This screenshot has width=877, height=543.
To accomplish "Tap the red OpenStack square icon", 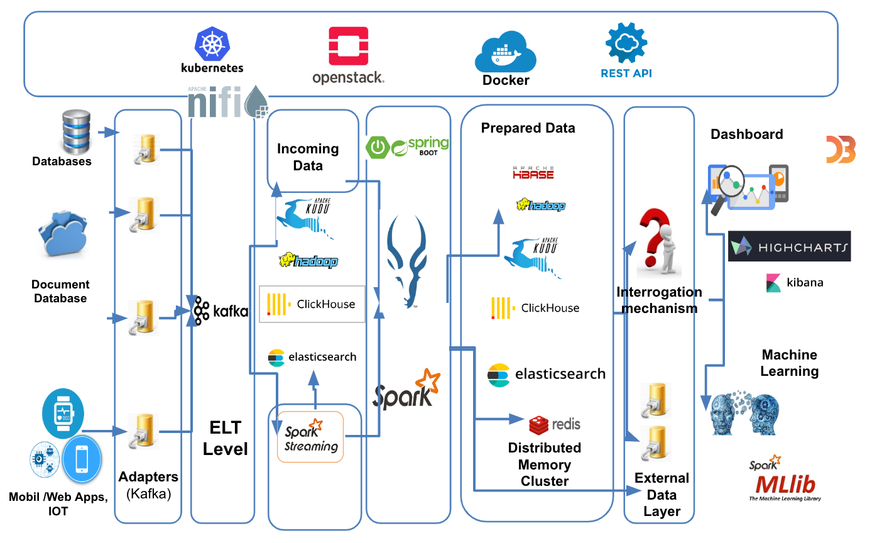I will pyautogui.click(x=349, y=46).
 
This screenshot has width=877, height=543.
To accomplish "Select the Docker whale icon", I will pyautogui.click(x=504, y=55).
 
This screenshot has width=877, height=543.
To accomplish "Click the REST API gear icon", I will pyautogui.click(x=626, y=42).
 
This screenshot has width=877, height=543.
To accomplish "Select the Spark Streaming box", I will pyautogui.click(x=310, y=437).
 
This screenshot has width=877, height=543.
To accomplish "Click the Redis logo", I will pyautogui.click(x=555, y=425).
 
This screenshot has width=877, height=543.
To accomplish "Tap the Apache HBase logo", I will pyautogui.click(x=533, y=173).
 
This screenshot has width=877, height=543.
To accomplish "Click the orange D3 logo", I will pyautogui.click(x=841, y=150).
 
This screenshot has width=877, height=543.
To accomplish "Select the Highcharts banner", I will pyautogui.click(x=789, y=246).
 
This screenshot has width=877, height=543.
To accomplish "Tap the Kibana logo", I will pyautogui.click(x=794, y=283).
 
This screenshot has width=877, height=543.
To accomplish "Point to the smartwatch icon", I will pyautogui.click(x=62, y=412).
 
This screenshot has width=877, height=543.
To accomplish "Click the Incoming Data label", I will pyautogui.click(x=308, y=157).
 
